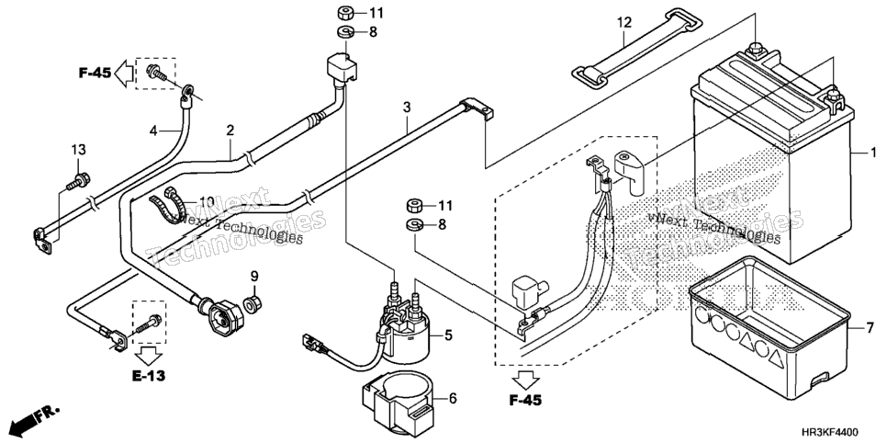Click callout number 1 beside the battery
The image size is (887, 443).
(873, 153)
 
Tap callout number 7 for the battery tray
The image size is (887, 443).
(870, 328)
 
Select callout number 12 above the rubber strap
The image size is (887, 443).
(623, 23)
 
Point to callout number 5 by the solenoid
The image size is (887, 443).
(448, 335)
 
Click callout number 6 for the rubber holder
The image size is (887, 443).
(453, 398)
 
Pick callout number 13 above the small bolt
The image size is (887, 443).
(79, 150)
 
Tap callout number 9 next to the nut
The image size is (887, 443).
(254, 277)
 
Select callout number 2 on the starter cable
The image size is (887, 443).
(230, 131)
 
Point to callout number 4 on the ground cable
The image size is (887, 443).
(152, 131)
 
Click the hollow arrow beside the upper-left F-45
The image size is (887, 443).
(124, 73)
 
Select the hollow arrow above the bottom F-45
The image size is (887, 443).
(525, 381)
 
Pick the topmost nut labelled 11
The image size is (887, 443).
(346, 12)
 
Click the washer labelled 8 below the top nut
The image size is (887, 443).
(346, 31)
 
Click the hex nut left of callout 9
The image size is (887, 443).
(253, 304)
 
